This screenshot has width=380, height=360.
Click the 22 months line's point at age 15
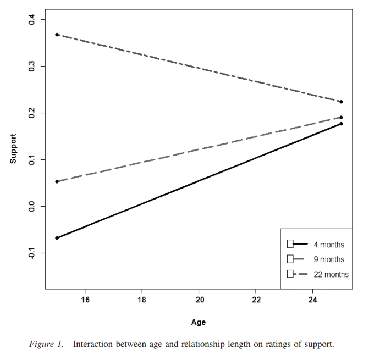pos(57,35)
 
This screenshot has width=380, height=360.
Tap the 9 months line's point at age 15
pos(57,181)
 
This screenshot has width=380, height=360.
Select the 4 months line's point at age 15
pos(57,238)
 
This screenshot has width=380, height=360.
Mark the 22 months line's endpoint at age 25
pos(341,102)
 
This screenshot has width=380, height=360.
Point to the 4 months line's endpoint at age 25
pos(341,124)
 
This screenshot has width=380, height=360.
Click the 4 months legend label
pos(329,245)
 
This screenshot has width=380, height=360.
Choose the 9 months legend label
pos(329,259)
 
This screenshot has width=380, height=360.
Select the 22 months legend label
pos(331,274)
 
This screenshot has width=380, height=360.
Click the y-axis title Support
pos(13,148)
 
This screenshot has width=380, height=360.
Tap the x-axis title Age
pos(199,322)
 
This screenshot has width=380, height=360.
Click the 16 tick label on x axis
pos(85,300)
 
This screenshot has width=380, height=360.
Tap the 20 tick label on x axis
pos(199,300)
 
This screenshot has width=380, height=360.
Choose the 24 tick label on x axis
pos(312,300)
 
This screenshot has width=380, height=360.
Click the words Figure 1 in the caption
pos(46,345)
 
